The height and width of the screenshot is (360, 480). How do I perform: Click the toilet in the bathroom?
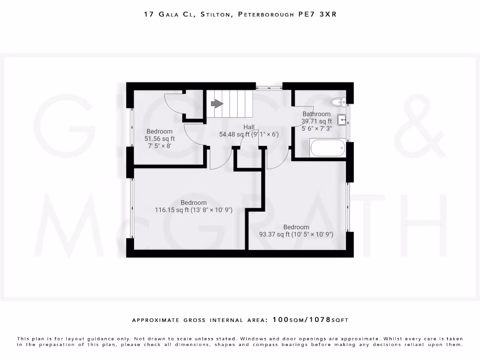337,101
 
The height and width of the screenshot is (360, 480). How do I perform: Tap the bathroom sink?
343,120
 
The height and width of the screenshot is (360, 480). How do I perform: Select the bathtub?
328,148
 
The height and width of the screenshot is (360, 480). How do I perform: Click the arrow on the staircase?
217,104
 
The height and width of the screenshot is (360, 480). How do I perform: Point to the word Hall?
249,127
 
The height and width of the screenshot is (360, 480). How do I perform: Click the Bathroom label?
316,114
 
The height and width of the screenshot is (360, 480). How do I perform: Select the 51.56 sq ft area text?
160,139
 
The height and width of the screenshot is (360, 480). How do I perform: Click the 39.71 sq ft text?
316,121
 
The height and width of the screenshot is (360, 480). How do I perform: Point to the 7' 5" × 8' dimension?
160,146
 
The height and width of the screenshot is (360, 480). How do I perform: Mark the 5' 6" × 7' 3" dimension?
316,128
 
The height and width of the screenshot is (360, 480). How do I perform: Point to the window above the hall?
269,86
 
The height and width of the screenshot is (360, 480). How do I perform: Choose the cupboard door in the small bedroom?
175,104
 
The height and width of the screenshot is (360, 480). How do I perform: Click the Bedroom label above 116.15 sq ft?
194,202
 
